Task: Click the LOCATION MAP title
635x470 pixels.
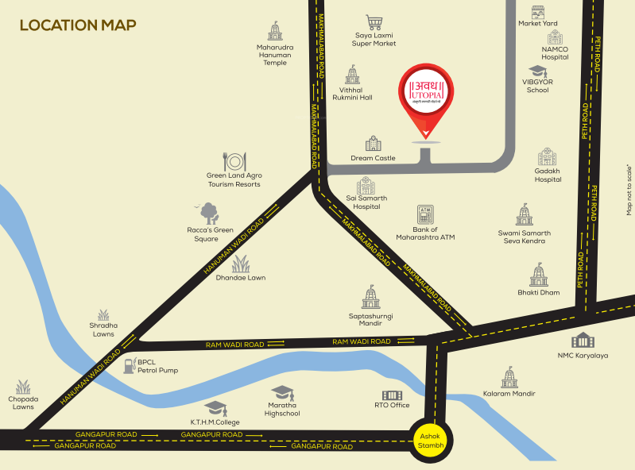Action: pos(77,25)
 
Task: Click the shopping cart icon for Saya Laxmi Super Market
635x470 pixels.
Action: pos(374,22)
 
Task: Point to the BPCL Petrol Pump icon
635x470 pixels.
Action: pos(129,364)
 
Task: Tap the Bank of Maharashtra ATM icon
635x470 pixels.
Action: pos(424,214)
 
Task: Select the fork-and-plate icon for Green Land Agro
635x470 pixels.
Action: pos(234,162)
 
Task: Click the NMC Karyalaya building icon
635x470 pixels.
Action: pos(583,341)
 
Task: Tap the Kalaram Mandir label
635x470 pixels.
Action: pos(509,393)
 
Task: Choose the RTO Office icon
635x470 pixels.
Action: pos(392,395)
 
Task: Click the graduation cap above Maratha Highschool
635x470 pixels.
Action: pos(282,392)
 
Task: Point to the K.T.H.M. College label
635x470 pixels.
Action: pos(215,422)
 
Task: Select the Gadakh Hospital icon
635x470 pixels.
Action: pos(548,157)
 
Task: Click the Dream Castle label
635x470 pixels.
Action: pos(373,158)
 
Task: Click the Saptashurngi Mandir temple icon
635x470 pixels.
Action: pos(371,298)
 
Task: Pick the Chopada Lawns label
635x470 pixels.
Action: pos(23,403)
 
